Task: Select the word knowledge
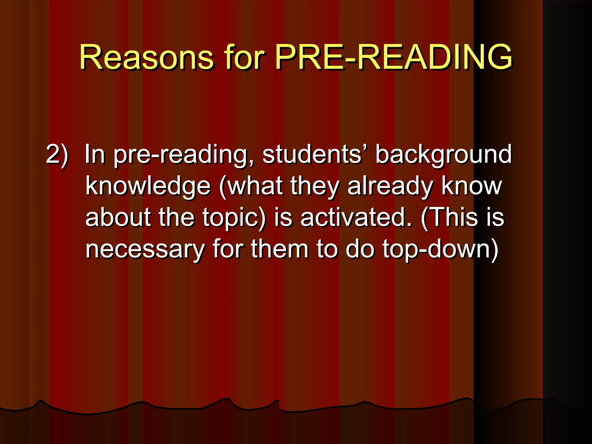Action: [148, 186]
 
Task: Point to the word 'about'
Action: [118, 217]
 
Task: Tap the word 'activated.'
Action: [356, 217]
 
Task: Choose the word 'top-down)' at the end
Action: [441, 249]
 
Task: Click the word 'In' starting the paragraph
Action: [95, 155]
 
